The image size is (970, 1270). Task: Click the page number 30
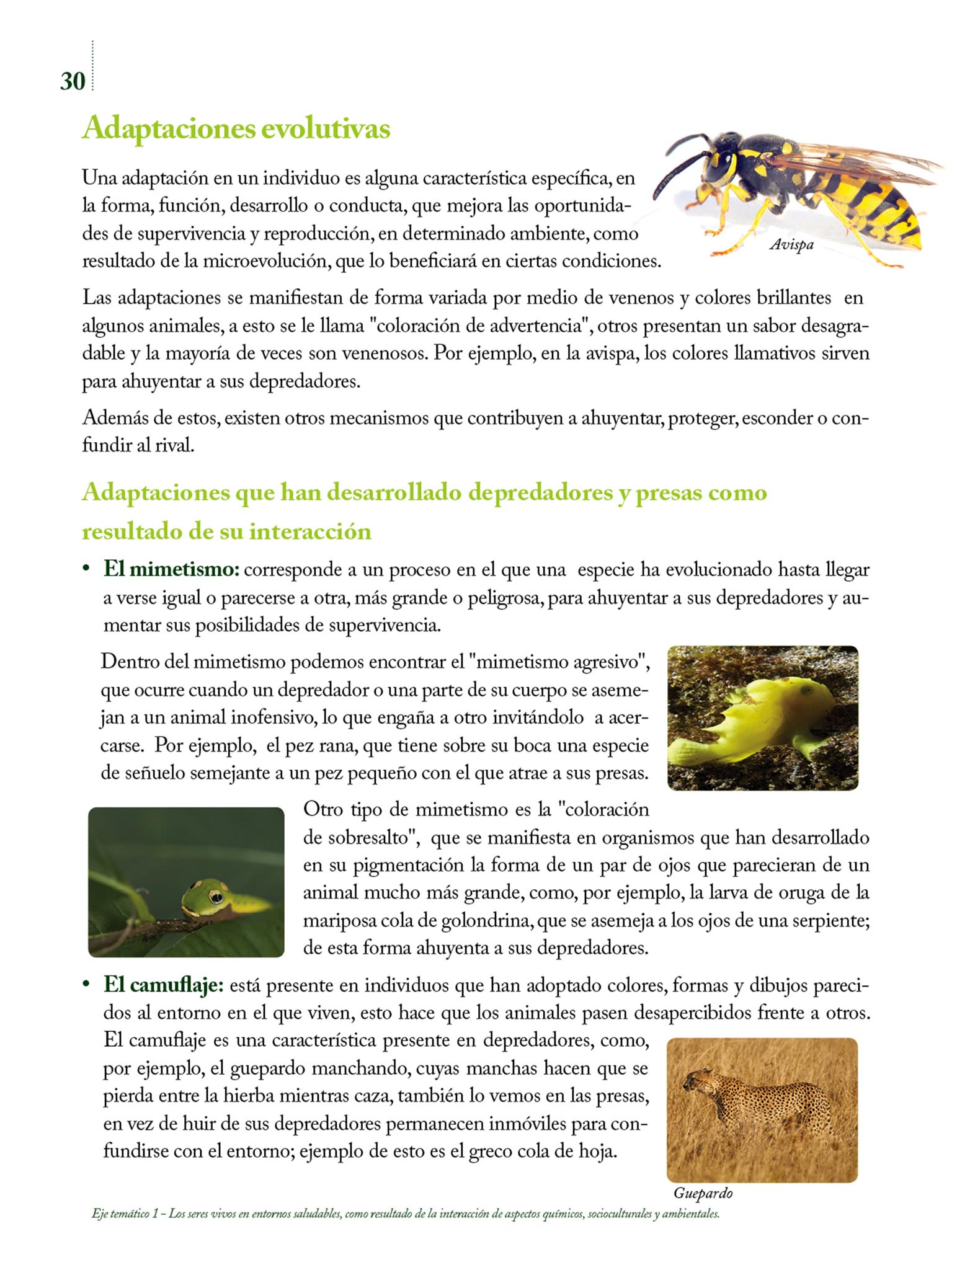click(x=73, y=81)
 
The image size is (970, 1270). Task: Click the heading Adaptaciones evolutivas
click(x=236, y=129)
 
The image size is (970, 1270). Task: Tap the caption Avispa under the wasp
click(x=791, y=245)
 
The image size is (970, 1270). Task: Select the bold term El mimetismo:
click(x=171, y=570)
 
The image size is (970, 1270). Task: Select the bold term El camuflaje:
click(x=164, y=985)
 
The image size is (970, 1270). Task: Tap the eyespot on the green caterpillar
click(x=215, y=897)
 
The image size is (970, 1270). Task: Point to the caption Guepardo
click(x=703, y=1193)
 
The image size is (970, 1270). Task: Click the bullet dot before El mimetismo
click(x=87, y=569)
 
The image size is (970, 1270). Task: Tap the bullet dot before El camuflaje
click(x=87, y=985)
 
